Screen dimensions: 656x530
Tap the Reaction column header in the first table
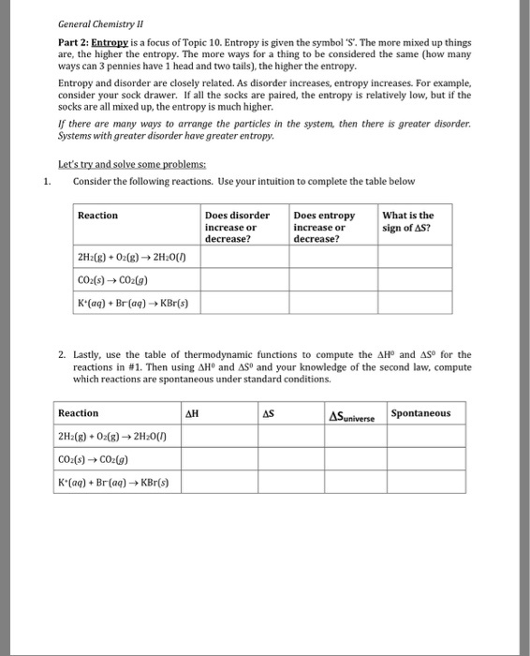(x=98, y=216)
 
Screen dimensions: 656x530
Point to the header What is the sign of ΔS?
(x=408, y=221)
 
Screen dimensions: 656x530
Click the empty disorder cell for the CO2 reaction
(x=243, y=278)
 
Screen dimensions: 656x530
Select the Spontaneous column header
(x=420, y=413)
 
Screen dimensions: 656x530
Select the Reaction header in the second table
(x=78, y=413)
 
